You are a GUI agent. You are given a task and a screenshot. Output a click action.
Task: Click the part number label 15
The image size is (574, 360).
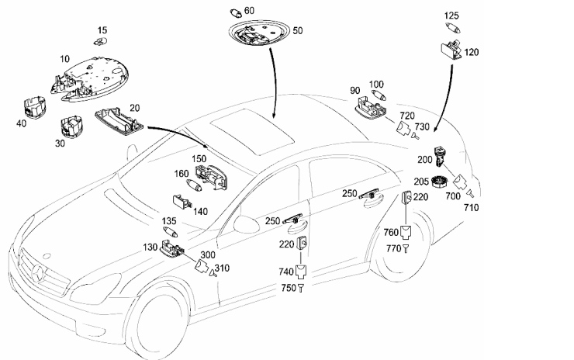[102, 30]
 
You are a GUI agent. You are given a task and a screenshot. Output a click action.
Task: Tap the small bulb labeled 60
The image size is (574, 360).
[236, 13]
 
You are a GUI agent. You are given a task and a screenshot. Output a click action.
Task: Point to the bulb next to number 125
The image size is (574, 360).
[453, 28]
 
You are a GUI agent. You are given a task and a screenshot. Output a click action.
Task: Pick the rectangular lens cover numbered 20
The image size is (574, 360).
[118, 122]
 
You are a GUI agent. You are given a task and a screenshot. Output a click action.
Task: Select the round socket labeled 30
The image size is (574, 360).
[71, 126]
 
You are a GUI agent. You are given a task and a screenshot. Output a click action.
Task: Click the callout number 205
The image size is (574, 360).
[421, 182]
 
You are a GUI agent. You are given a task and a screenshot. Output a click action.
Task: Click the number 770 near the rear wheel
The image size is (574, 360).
[393, 249]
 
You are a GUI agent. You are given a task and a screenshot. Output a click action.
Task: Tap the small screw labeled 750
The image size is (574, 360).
[300, 288]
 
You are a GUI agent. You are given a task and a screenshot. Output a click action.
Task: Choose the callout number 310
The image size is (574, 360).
[222, 268]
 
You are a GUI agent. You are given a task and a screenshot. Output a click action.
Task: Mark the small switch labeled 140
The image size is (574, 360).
[182, 202]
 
